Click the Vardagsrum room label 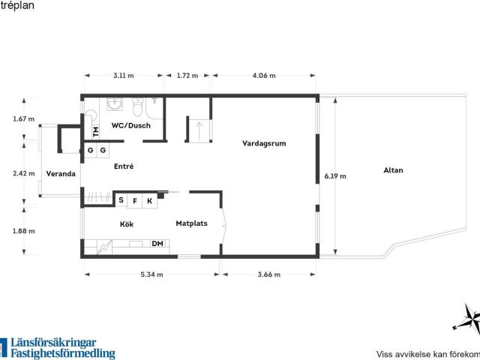click(x=264, y=143)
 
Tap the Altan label click(x=393, y=170)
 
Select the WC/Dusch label click(x=131, y=125)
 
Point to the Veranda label click(x=61, y=174)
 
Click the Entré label click(x=124, y=166)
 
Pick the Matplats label click(x=192, y=223)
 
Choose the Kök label click(x=127, y=224)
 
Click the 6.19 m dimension click(x=335, y=176)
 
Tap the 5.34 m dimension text click(x=151, y=274)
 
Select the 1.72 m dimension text click(x=187, y=76)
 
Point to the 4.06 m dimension click(x=264, y=76)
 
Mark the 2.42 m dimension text click(x=24, y=173)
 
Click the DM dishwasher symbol click(x=157, y=244)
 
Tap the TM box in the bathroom click(x=96, y=132)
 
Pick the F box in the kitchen click(x=135, y=201)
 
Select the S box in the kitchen click(x=121, y=200)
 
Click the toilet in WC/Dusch click(x=137, y=106)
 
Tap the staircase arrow click(x=199, y=130)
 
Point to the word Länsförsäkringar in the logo click(x=53, y=343)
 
